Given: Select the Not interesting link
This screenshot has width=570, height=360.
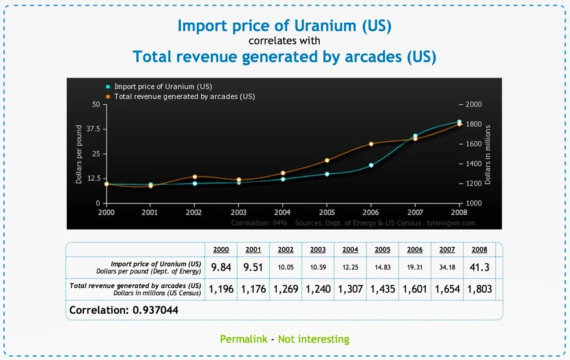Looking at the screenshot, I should (x=313, y=339).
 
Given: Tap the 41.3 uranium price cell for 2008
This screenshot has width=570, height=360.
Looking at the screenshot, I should (x=479, y=267).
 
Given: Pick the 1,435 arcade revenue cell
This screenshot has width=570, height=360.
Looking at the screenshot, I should (x=382, y=289).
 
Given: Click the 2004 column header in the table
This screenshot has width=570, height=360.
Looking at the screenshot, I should (x=350, y=249).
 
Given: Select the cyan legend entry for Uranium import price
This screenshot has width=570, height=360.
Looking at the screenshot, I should (x=162, y=87).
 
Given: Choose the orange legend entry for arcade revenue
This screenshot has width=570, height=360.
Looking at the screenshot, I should (x=184, y=96).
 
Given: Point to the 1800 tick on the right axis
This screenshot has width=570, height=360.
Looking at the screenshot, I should (x=473, y=124).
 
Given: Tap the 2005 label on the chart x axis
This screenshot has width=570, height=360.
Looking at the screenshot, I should (x=327, y=211).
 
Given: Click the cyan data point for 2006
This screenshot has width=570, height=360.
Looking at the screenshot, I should (x=371, y=165).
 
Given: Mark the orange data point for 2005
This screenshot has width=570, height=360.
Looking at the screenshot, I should (x=327, y=161).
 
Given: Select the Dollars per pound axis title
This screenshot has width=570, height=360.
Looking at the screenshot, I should (x=79, y=154).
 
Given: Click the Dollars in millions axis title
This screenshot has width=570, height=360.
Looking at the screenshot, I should (x=487, y=154).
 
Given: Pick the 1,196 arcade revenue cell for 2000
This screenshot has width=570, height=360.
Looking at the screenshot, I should (x=221, y=289).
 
